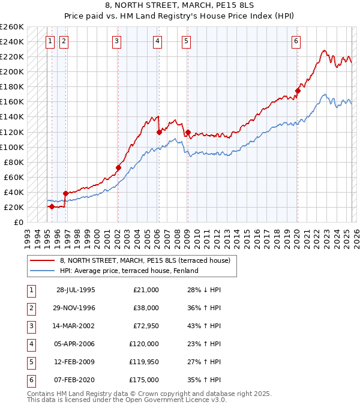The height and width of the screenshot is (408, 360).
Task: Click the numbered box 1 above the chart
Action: [x=49, y=41]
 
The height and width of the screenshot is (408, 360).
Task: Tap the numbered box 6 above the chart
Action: [x=296, y=41]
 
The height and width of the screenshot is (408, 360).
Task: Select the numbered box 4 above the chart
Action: [x=157, y=41]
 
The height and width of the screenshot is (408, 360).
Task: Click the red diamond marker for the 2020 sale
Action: [x=297, y=91]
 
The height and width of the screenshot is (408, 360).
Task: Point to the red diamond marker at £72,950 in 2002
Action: [x=118, y=167]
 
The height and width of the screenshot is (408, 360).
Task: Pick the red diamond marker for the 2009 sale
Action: [x=188, y=132]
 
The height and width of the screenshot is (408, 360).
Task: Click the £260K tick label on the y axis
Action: [x=12, y=26]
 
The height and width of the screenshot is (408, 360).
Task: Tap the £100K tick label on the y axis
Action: [x=12, y=147]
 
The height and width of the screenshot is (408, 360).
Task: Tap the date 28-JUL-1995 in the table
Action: [x=76, y=290]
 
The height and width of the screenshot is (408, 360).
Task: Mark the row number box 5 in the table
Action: [x=30, y=362]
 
